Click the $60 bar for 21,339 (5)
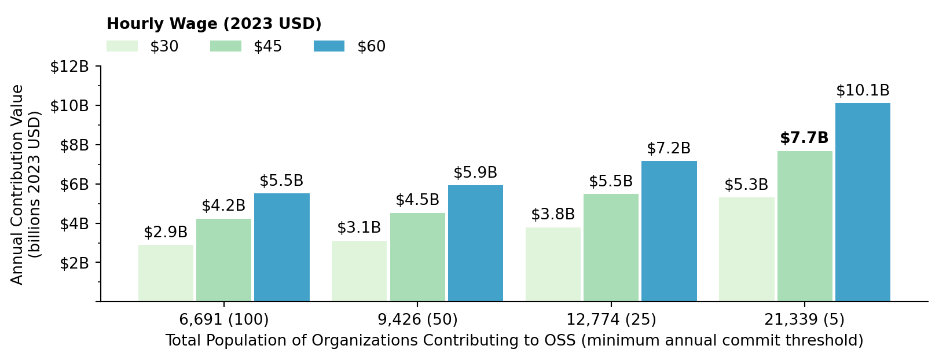coord(863,202)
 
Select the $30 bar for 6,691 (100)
coord(166,273)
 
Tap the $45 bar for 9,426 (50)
coord(417,257)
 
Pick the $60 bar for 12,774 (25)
coord(669,231)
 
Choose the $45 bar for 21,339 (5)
coord(805,226)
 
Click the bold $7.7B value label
coord(804,138)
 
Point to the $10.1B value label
coord(863,91)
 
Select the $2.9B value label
coord(166,233)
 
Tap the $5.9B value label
coord(475,173)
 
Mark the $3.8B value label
coord(553,215)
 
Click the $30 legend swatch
coord(122,46)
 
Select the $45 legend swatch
coord(225,46)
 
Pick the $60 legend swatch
coord(329,46)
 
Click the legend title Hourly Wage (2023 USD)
coord(214,24)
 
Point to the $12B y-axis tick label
coord(69,67)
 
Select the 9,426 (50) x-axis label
coord(417,319)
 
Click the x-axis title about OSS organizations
coord(514,341)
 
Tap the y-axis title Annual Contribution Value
coord(17,184)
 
